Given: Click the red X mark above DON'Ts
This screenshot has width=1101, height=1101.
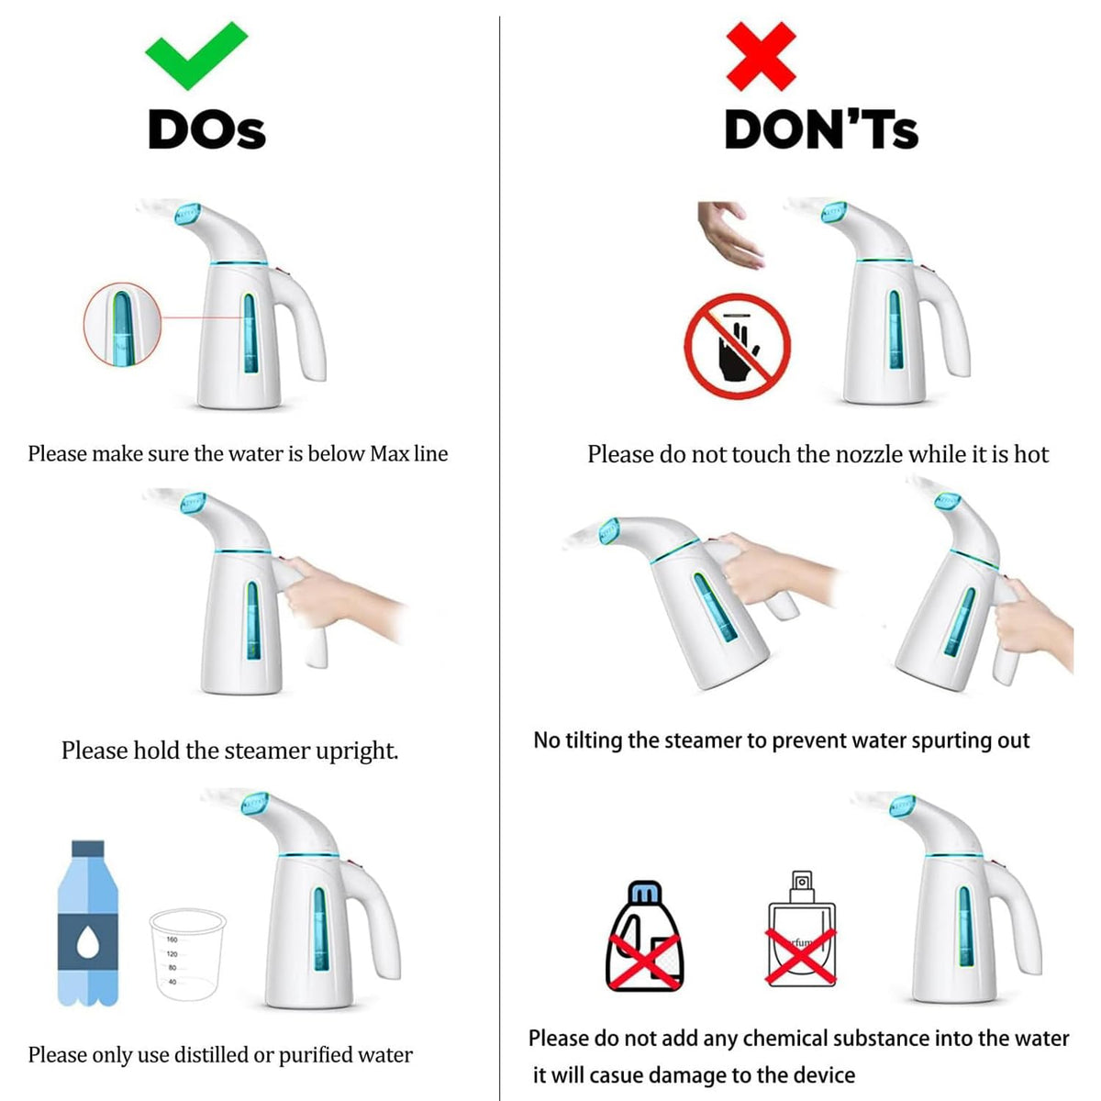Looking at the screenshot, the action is click(x=761, y=56).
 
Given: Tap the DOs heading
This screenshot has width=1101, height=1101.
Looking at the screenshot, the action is click(x=206, y=129).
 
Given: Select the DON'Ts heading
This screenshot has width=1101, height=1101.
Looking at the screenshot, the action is click(x=821, y=129).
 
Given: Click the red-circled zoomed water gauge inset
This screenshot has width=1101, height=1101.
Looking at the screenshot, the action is click(x=122, y=325).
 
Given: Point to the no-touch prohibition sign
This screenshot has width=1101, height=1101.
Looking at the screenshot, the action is click(x=737, y=346).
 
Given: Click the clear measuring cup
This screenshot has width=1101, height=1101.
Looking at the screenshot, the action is click(x=187, y=955).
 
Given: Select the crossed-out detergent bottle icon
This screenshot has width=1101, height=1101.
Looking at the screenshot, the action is click(x=644, y=937).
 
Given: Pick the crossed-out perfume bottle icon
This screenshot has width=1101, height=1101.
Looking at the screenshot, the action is click(x=801, y=929).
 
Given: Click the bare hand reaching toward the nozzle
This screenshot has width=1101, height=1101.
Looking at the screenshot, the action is click(x=730, y=234).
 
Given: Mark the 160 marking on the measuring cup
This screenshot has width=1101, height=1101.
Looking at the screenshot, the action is click(x=172, y=940).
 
